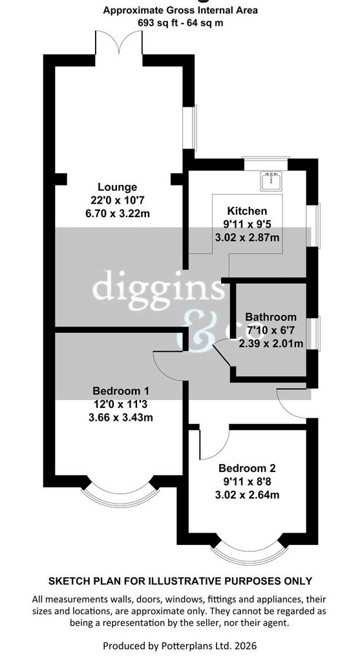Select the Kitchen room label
[247, 211]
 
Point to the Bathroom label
[271, 317]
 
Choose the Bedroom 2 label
[247, 468]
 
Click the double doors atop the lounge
[119, 43]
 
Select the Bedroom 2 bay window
[249, 554]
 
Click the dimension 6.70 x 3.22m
[118, 213]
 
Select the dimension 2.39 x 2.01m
[271, 344]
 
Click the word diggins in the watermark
[158, 288]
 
